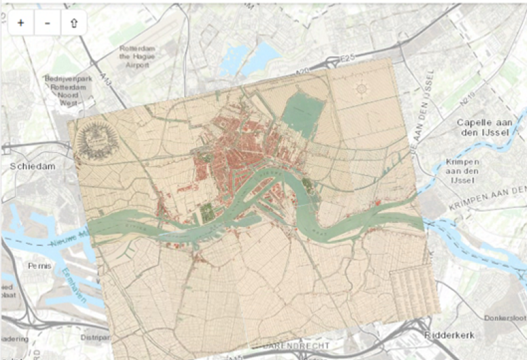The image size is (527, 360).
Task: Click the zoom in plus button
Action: tap(21, 22)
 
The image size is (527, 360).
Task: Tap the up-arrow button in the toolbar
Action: tap(73, 22)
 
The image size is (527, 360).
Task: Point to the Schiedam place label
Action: tap(31, 166)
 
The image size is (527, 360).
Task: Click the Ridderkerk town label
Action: tap(448, 336)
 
